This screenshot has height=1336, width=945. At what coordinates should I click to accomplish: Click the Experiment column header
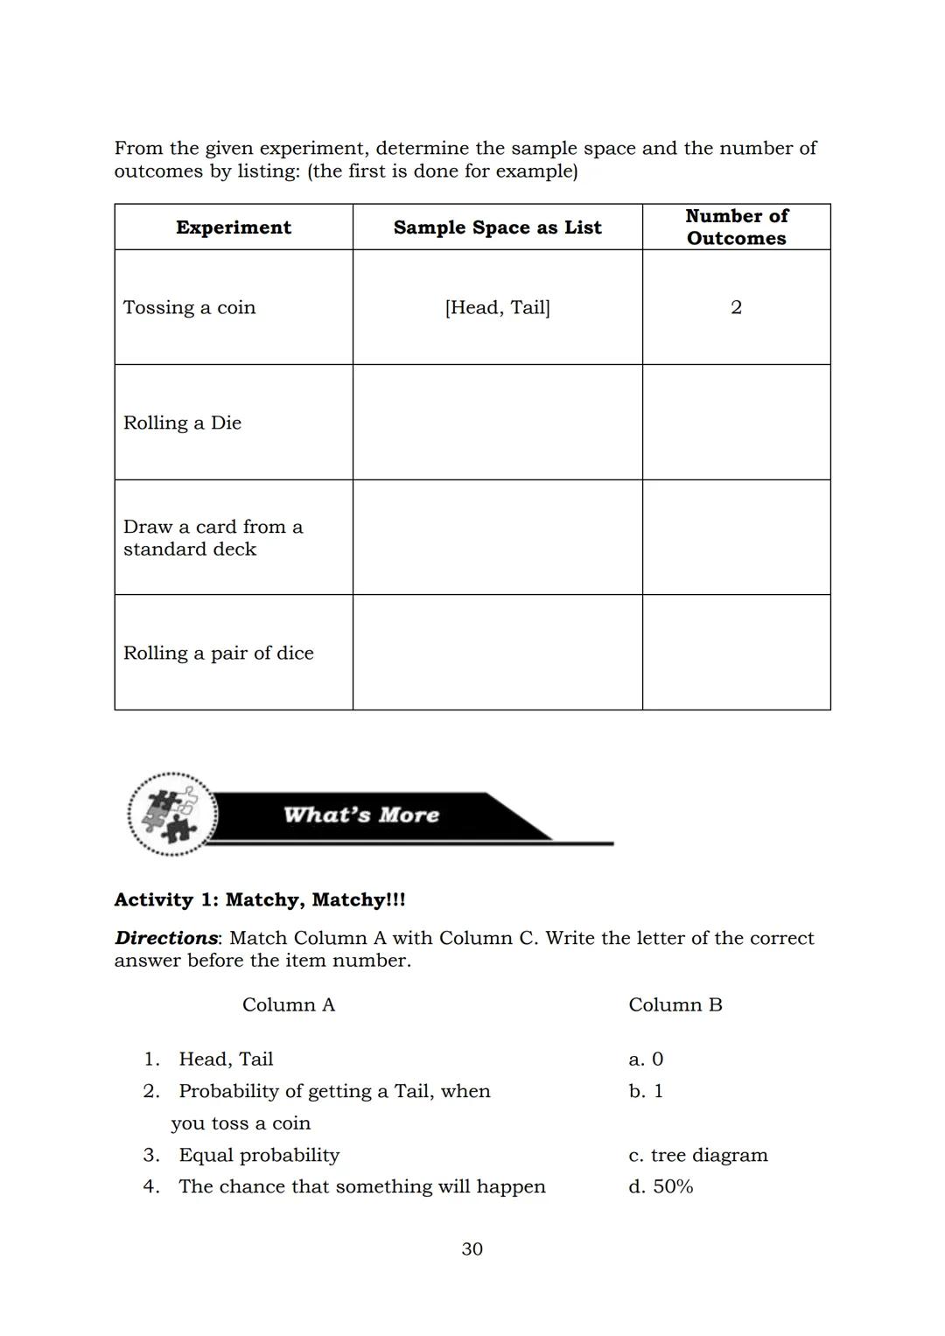click(233, 227)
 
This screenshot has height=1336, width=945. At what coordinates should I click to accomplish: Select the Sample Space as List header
click(497, 227)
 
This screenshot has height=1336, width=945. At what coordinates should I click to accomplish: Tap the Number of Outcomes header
click(736, 227)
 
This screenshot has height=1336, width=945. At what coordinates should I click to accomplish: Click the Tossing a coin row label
click(189, 307)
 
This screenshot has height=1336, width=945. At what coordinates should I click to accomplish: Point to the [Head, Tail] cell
click(497, 307)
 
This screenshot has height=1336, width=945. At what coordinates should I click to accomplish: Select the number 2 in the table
click(736, 307)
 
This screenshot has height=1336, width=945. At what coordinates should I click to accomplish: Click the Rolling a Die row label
click(182, 423)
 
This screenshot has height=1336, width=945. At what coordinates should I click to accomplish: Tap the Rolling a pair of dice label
click(218, 653)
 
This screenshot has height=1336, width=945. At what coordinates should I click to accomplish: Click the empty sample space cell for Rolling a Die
click(497, 423)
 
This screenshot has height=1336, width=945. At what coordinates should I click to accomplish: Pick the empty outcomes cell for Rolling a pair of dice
click(736, 653)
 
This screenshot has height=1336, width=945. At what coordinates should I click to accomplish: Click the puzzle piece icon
click(172, 815)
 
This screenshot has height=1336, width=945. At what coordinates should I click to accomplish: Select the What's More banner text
click(360, 815)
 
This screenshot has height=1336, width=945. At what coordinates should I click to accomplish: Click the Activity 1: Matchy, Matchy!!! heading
click(260, 899)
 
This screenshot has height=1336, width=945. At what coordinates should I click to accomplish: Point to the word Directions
click(165, 938)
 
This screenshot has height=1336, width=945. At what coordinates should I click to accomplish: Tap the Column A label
click(289, 1004)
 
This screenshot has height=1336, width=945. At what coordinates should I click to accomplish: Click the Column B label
click(675, 1004)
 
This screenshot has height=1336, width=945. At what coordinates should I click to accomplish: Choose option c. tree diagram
click(697, 1155)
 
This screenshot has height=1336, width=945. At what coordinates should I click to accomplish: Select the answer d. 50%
click(661, 1186)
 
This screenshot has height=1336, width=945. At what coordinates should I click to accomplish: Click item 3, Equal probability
click(258, 1155)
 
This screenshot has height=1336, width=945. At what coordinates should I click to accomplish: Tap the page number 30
click(472, 1249)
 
